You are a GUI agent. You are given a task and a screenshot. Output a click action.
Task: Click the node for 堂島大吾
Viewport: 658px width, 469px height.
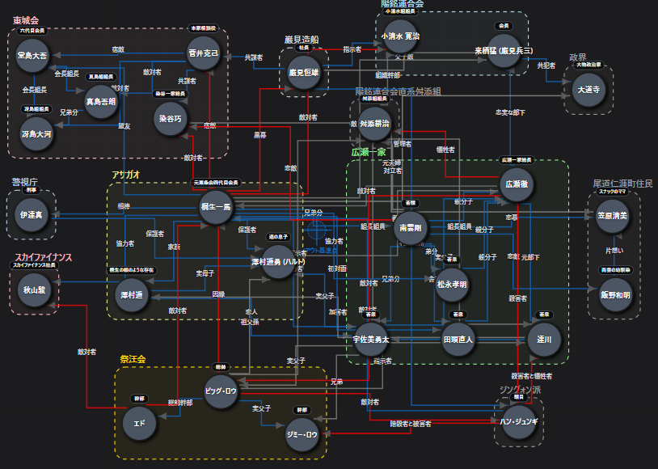point(33,56)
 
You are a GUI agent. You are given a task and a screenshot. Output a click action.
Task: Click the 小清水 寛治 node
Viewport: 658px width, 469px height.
point(400,37)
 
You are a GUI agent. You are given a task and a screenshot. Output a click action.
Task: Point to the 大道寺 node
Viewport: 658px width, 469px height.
point(587,88)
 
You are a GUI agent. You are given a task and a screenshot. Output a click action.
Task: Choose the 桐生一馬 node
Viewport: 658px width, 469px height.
point(216,207)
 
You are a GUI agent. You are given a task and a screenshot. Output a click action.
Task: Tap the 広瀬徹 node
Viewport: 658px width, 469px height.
point(516,184)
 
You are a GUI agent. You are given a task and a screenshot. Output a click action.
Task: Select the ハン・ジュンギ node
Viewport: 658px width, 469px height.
point(519,422)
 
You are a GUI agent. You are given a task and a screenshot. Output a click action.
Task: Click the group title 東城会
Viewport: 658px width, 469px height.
point(26,20)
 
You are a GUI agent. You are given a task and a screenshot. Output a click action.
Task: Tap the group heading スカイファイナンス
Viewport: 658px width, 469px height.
point(43,257)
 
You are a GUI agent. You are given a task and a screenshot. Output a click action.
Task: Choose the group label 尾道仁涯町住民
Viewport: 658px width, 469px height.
point(622,184)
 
